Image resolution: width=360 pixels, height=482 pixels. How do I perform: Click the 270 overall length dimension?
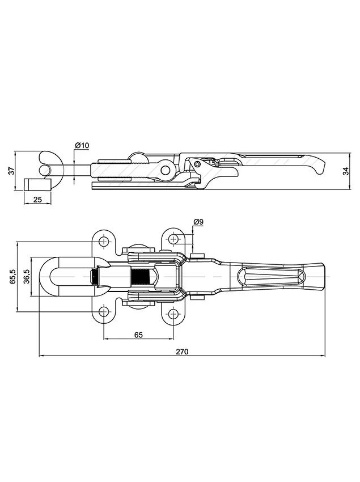click(x=182, y=352)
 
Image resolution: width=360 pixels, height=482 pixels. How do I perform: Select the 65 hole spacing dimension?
click(x=139, y=335)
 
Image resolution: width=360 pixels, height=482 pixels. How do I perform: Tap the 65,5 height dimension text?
click(x=13, y=277)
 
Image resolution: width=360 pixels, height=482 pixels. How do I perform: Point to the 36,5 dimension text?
click(x=27, y=277)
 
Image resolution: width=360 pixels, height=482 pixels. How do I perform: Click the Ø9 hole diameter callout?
click(x=198, y=222)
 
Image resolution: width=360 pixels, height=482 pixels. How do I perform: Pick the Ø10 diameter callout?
click(x=82, y=145)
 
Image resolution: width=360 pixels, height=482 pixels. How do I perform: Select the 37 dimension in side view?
click(x=11, y=171)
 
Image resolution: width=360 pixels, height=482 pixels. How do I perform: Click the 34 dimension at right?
click(x=346, y=171)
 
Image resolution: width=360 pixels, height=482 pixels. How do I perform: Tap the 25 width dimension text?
click(x=37, y=200)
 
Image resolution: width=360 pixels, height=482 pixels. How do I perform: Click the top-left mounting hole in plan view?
click(x=104, y=242)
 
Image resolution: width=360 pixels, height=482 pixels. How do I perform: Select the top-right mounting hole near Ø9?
click(x=173, y=239)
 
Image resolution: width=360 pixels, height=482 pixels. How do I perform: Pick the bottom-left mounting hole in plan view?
click(x=104, y=311)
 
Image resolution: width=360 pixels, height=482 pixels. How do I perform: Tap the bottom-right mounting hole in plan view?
click(x=173, y=313)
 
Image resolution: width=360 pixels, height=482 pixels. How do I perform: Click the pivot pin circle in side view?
click(x=166, y=169)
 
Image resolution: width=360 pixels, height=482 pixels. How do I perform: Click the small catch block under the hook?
click(x=37, y=185)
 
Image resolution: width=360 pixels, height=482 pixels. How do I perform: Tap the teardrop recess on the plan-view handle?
click(x=270, y=276)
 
